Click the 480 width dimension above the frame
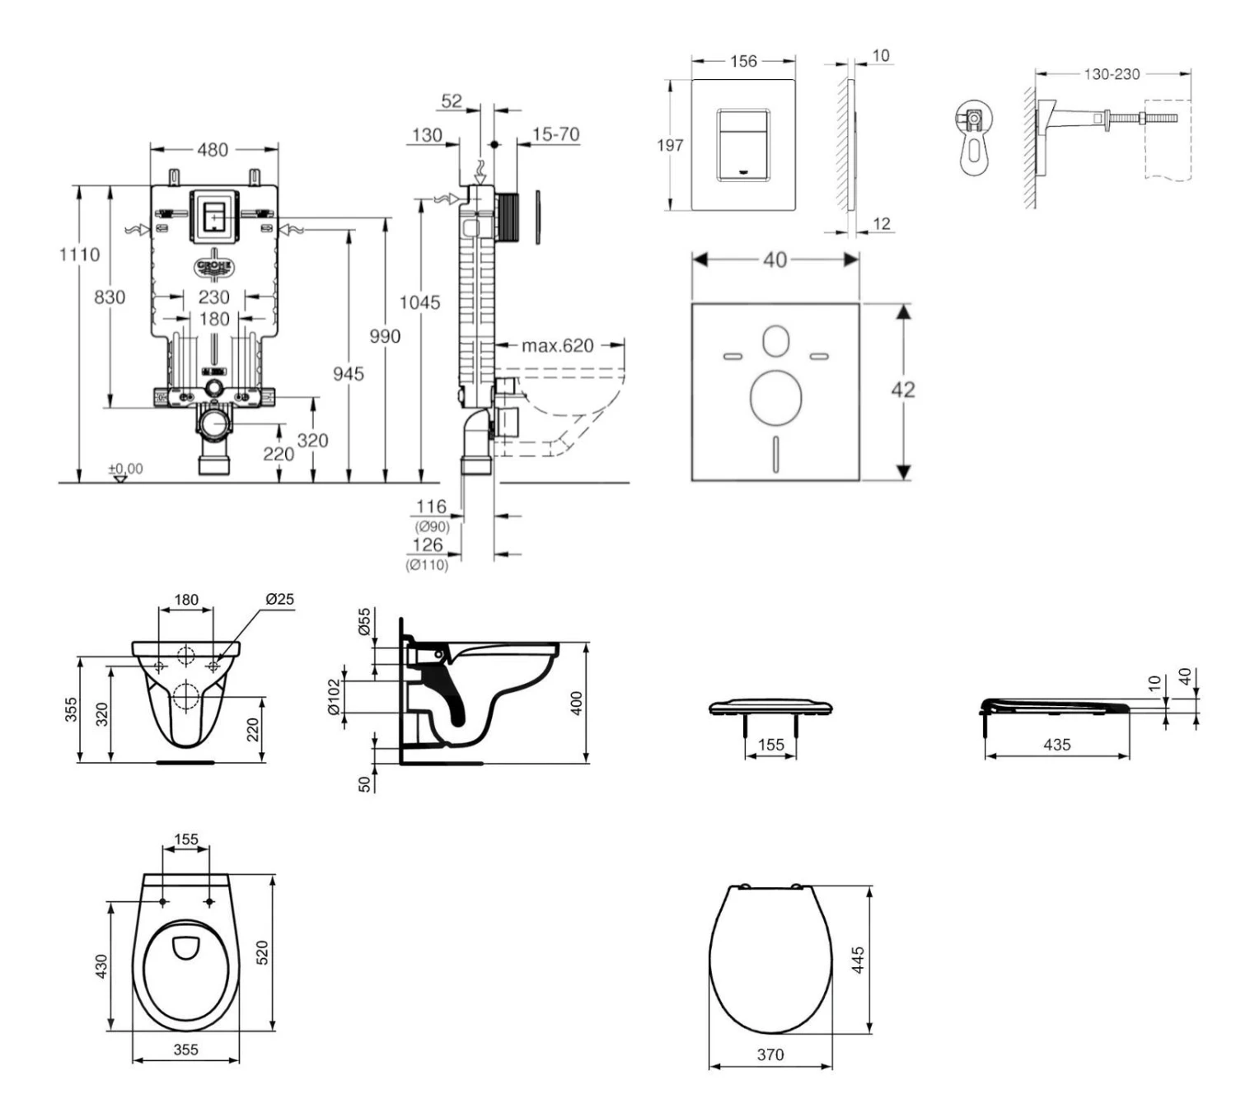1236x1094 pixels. point(213,150)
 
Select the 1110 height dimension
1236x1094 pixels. point(79,255)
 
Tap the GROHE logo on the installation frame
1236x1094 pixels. point(214,267)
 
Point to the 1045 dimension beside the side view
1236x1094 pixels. point(419,302)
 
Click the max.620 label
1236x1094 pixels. point(557,346)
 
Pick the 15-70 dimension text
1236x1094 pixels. point(555,134)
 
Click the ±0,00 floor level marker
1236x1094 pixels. point(125,469)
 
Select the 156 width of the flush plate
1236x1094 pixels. point(743,61)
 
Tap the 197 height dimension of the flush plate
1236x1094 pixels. point(670,146)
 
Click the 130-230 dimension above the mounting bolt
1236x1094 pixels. point(1112,74)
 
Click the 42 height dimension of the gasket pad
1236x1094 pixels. point(903,390)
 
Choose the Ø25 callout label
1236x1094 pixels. point(279,599)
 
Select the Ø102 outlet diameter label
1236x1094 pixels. point(334,697)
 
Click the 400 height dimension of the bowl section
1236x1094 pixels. point(577,703)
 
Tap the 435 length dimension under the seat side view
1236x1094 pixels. point(1056,745)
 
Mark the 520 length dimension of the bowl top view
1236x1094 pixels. point(263,953)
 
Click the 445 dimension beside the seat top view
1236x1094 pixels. point(858,960)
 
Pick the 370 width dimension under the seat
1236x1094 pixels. point(770,1054)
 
